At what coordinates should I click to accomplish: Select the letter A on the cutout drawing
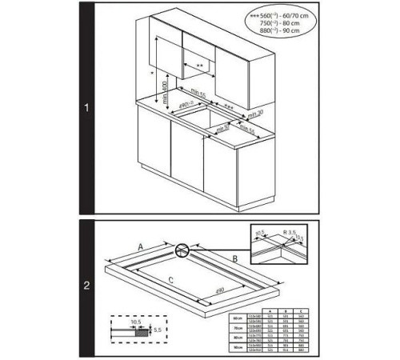point(142,248)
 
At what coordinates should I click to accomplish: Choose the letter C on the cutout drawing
point(171,281)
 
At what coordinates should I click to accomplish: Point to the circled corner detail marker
point(186,252)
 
